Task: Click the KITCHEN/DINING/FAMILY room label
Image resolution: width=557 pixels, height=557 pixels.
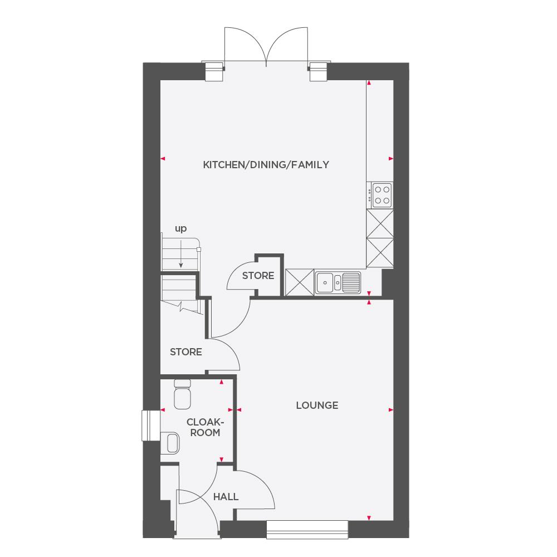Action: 266,165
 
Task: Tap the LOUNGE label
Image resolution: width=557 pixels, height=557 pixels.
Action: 317,405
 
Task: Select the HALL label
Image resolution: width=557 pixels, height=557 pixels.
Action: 226,496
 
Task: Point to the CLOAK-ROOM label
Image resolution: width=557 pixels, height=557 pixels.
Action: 203,427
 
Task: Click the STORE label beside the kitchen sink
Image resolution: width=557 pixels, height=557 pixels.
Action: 258,276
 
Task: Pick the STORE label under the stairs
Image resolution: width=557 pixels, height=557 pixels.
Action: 185,352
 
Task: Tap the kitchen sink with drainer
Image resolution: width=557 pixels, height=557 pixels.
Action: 338,282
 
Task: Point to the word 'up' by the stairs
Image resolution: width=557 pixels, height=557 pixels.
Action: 180,228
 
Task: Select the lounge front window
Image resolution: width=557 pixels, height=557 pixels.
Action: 307,529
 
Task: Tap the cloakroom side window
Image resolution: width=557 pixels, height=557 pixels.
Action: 150,426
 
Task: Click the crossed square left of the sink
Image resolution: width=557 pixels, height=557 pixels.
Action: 299,282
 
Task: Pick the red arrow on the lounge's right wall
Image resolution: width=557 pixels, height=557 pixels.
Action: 389,411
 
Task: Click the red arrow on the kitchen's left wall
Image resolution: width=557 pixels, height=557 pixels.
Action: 163,159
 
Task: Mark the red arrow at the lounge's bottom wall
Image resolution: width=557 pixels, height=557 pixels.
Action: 369,519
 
